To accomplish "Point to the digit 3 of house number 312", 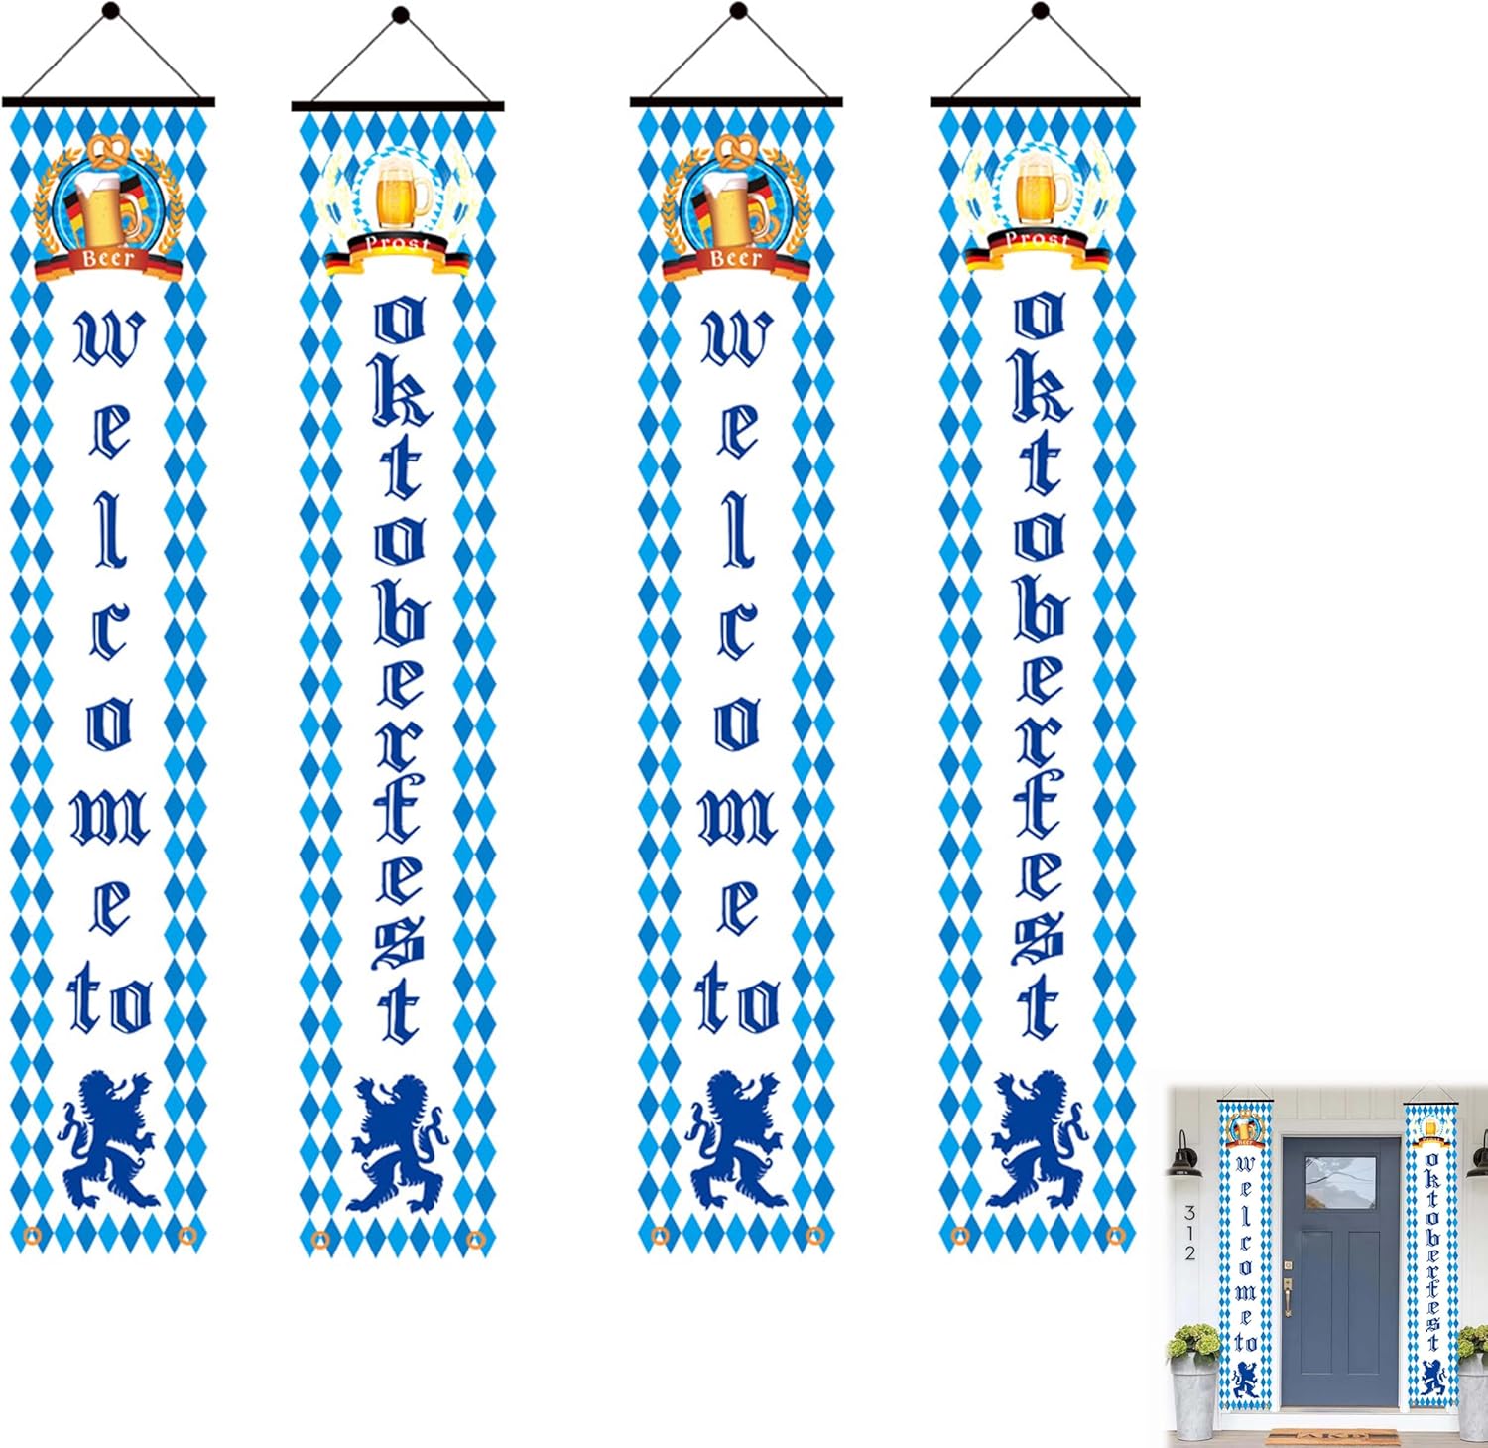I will coord(1189,1213).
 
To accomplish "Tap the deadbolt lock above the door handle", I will coord(1289,1267).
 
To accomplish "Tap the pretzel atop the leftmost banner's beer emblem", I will coord(109,150).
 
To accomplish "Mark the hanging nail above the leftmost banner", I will coord(110,12).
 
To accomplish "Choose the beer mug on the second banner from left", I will coord(402,193).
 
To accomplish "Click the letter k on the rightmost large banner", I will coord(1039,386).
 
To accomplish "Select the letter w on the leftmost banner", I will coord(109,337).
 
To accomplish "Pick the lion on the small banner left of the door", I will coord(1245,1380).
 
